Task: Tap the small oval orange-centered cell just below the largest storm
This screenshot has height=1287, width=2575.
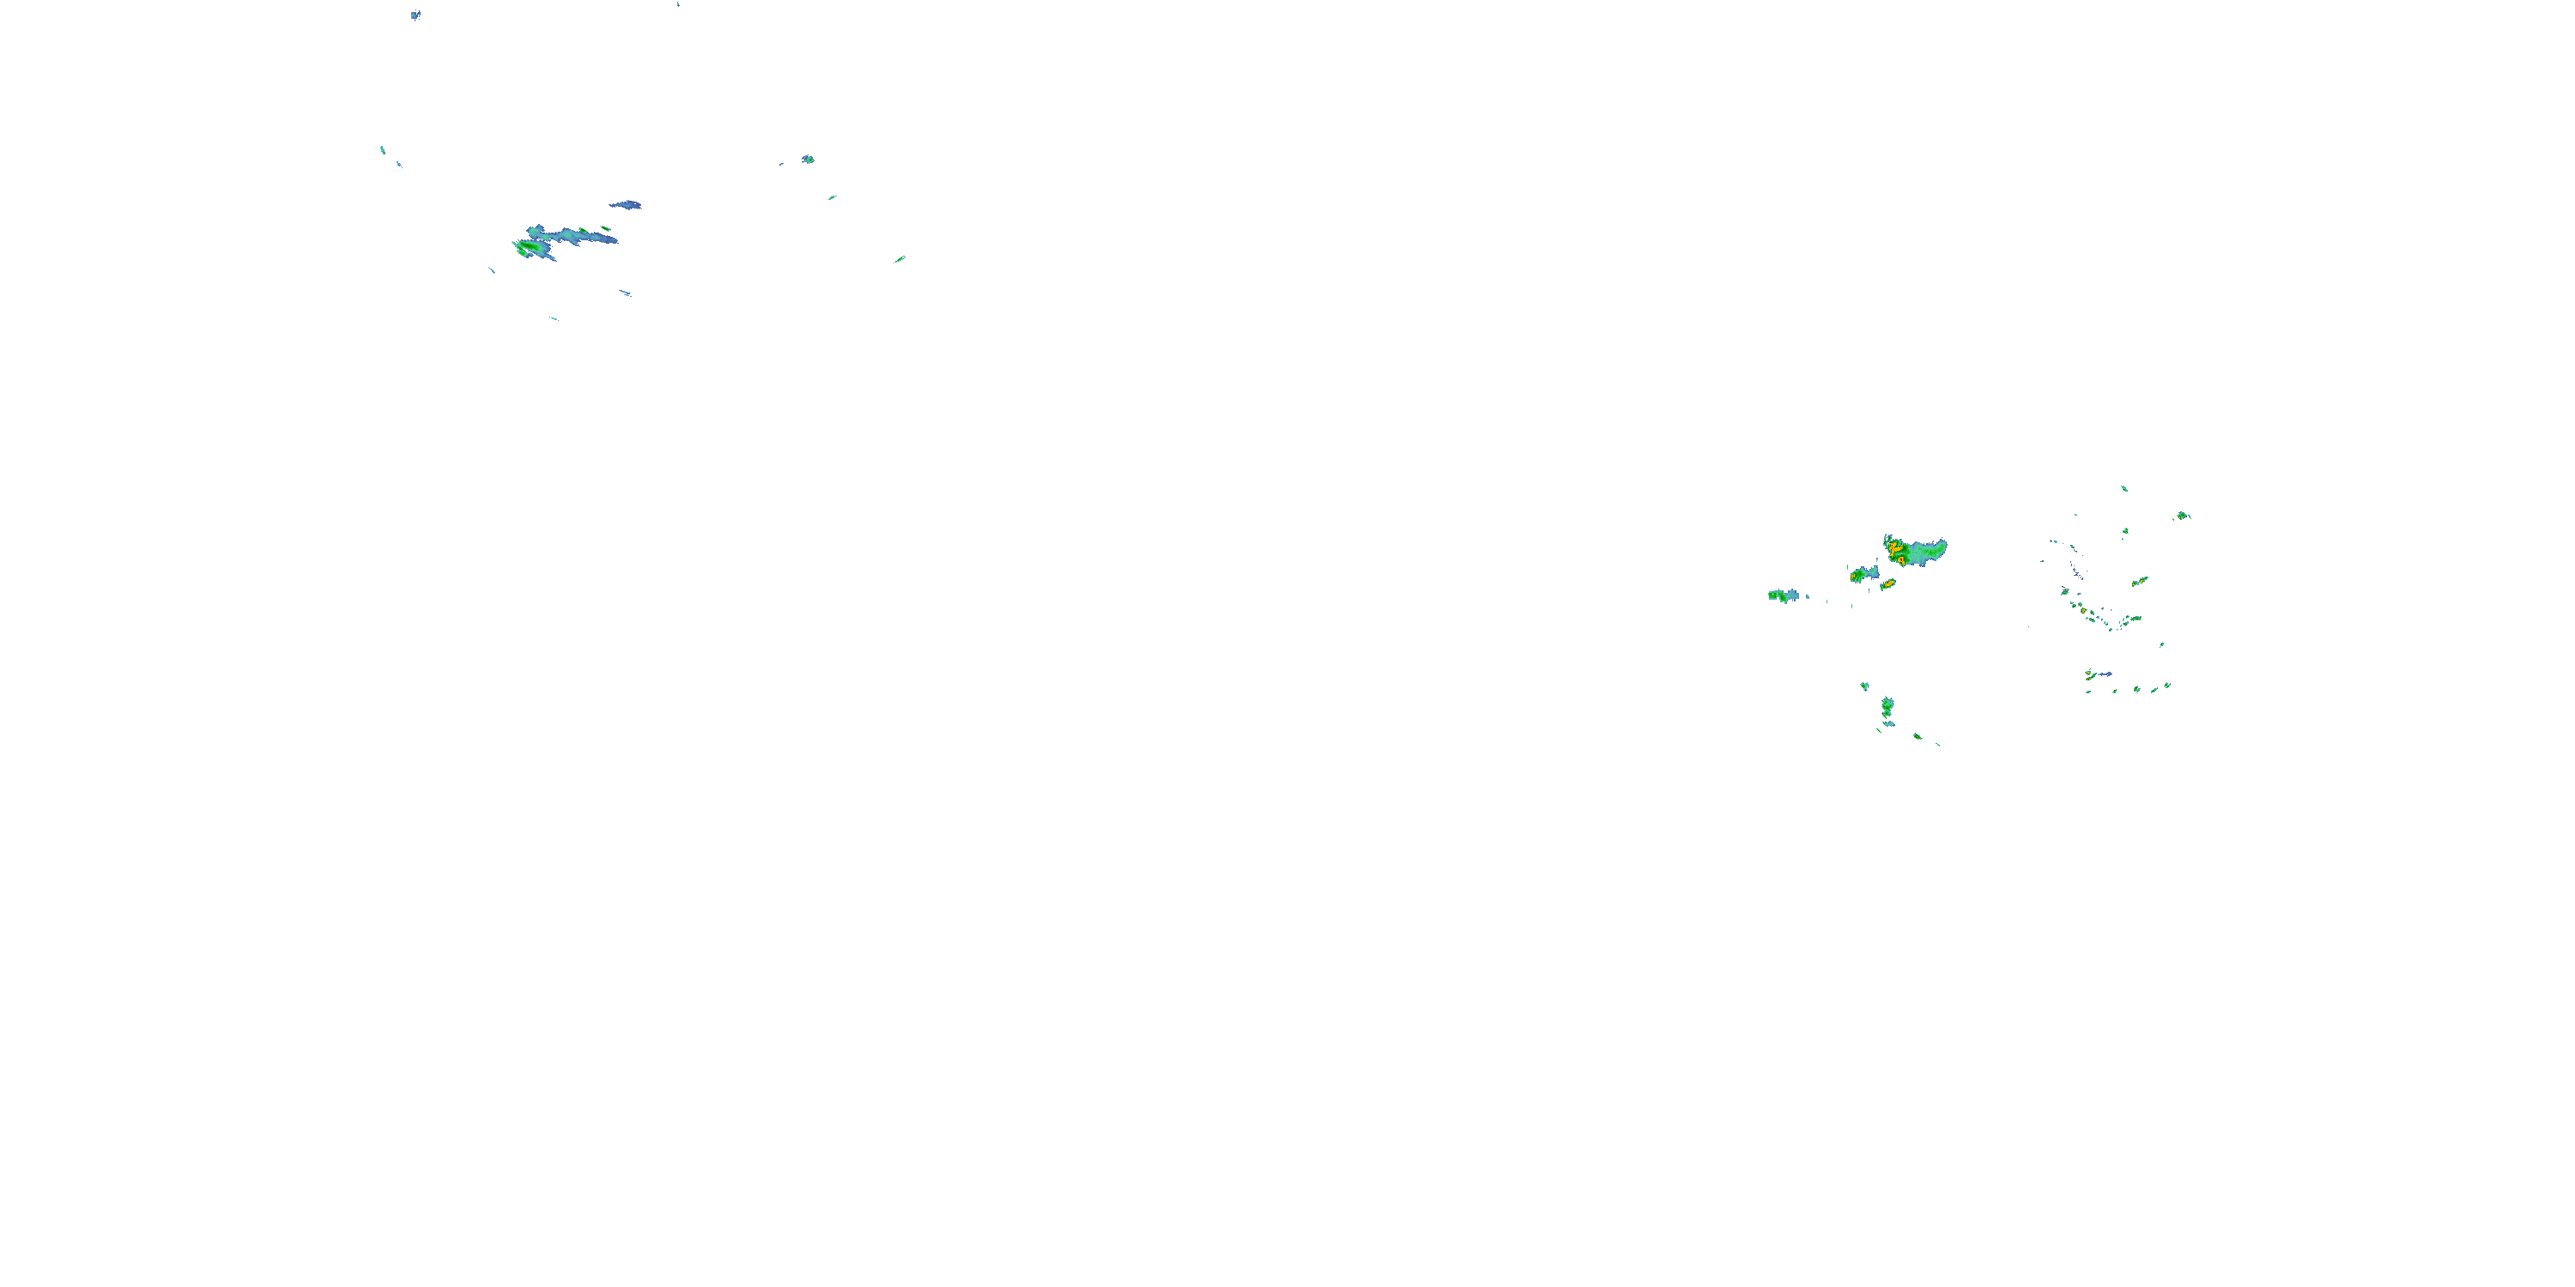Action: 1887,583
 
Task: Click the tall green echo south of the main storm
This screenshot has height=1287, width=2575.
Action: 1887,708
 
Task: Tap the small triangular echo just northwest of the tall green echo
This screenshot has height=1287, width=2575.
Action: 1864,686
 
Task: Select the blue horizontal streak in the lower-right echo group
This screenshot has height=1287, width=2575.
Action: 2102,674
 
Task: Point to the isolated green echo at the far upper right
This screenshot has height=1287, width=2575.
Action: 2182,516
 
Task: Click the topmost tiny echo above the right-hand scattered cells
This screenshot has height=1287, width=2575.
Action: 2124,488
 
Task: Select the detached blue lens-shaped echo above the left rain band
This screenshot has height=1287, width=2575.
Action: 627,205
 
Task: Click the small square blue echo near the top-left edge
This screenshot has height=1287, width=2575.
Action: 415,15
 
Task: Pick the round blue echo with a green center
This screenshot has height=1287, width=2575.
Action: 808,159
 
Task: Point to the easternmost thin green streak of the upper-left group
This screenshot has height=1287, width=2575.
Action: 899,260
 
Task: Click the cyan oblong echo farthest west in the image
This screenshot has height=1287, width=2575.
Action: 383,150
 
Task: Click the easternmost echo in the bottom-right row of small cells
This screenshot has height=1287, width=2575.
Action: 2166,686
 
